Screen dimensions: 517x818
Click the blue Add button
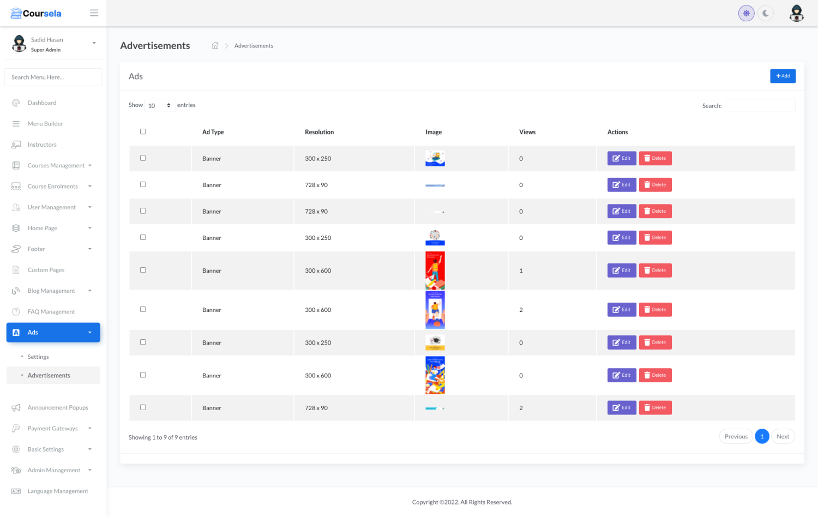(783, 76)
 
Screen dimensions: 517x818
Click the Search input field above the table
(760, 106)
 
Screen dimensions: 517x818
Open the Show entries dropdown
(160, 106)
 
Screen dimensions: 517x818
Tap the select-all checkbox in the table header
(143, 131)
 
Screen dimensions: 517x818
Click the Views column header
(527, 132)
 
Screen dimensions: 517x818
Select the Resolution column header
(320, 132)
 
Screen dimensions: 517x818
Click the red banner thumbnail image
(435, 270)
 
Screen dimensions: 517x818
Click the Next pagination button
(783, 437)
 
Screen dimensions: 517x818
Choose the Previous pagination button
(736, 437)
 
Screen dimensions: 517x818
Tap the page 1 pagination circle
(762, 437)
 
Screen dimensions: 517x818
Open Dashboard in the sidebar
(42, 103)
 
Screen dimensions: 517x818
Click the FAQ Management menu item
(51, 312)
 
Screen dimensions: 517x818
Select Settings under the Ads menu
(38, 357)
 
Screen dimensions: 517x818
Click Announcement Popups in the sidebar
(58, 408)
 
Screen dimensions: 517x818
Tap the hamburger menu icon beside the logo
(94, 13)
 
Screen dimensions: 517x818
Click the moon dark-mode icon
(766, 13)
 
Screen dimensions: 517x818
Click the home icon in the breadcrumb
(215, 46)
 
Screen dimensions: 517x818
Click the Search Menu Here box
(53, 77)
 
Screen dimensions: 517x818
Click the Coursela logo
(36, 13)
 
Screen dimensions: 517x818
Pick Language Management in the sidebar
(58, 491)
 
